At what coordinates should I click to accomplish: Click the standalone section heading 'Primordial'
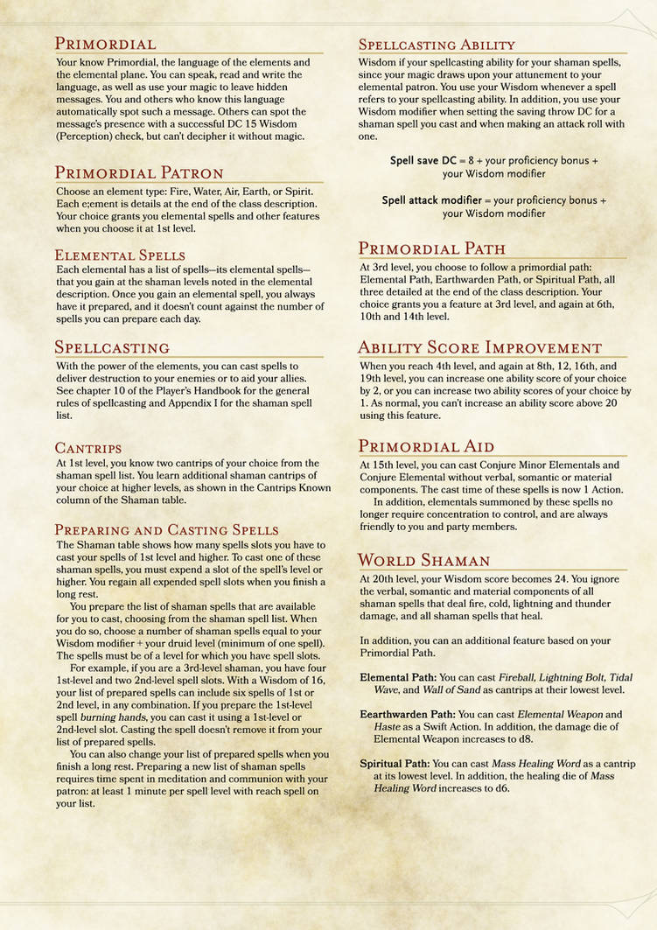point(106,44)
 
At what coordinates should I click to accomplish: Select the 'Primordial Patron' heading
point(139,172)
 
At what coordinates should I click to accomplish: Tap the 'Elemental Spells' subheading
point(120,255)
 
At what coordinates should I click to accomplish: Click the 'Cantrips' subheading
point(88,448)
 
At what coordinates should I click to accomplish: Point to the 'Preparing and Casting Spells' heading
point(167,529)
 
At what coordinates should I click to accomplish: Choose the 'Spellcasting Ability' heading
point(437,45)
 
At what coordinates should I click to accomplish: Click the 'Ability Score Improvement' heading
point(480,347)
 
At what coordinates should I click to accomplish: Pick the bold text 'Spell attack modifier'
point(436,200)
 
